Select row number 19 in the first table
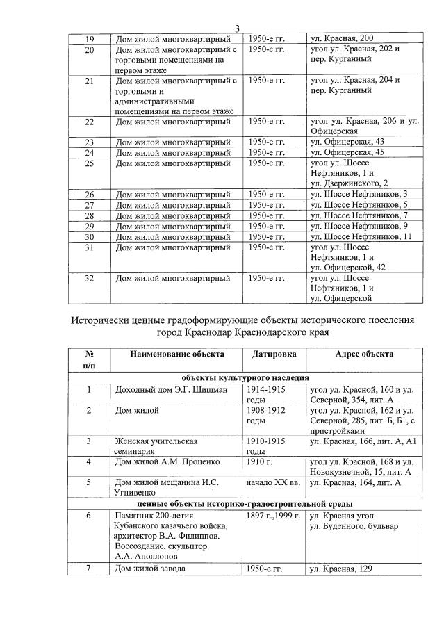point(89,39)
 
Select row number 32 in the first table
point(89,278)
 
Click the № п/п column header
point(89,359)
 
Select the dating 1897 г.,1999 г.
point(273,516)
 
